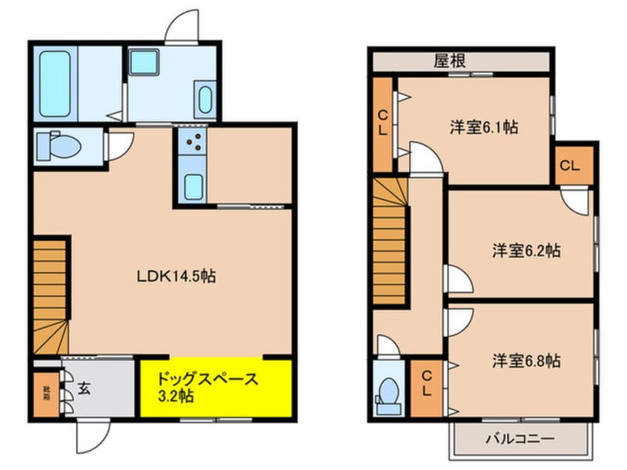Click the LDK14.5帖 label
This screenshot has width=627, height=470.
(176, 277)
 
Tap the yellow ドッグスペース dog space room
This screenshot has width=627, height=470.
(215, 388)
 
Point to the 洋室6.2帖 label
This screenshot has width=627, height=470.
(526, 251)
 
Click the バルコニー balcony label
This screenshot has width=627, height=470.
(520, 439)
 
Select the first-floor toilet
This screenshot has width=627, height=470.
(59, 145)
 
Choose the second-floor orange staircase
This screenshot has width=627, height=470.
(389, 241)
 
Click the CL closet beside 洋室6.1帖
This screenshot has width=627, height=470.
(383, 124)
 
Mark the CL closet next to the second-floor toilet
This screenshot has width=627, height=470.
(426, 384)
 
